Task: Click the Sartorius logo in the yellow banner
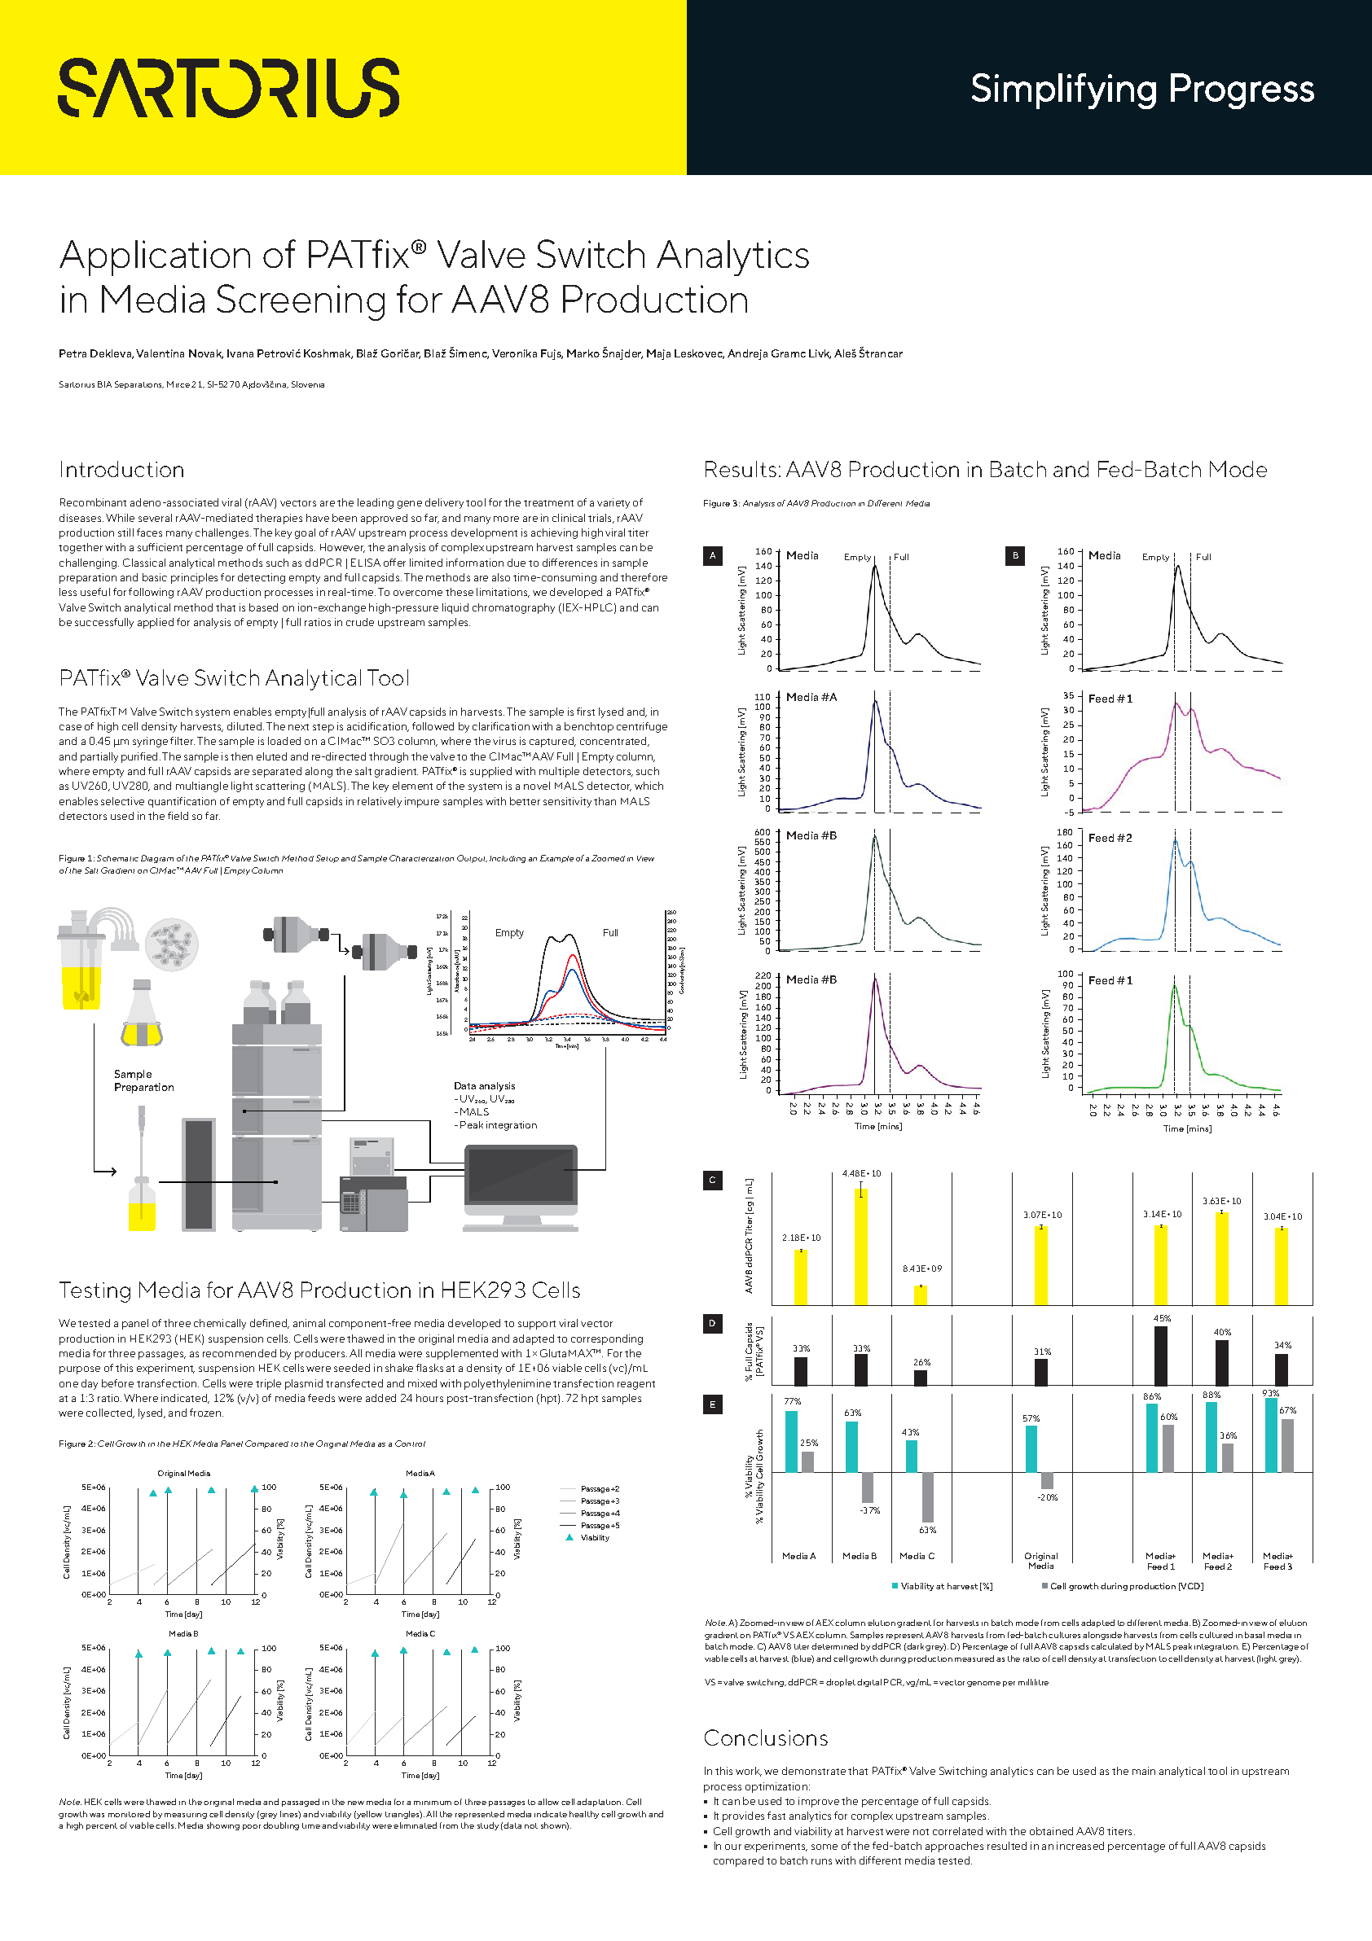228,88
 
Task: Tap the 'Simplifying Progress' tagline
1141,89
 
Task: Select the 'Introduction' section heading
122,470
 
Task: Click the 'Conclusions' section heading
766,1738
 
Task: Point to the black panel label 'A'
712,555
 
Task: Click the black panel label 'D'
712,1323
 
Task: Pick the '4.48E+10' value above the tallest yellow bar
861,1173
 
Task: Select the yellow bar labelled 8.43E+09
921,1295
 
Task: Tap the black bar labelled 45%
1160,1356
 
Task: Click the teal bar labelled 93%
1270,1435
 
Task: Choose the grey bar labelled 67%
1287,1446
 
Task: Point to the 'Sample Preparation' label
143,1080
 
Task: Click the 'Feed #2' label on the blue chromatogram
1110,838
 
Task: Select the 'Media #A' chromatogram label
811,698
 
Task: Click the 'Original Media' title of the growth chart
183,1473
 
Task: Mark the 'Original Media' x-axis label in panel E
1040,1561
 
